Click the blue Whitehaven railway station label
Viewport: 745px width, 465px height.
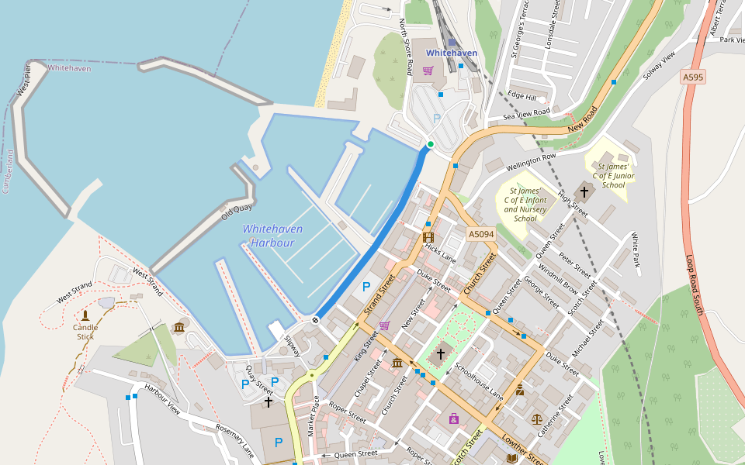451,53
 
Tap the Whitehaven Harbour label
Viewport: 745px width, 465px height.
272,236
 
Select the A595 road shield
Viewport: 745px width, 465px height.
694,77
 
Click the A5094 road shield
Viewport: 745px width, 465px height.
480,233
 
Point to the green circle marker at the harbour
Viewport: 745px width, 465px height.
431,144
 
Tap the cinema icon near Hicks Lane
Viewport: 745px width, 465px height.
428,237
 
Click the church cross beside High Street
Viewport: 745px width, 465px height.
584,191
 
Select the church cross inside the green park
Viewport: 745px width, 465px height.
441,353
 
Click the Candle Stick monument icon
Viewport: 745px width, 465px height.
85,315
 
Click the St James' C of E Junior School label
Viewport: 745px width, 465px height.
613,175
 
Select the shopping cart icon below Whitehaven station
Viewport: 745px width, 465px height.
428,71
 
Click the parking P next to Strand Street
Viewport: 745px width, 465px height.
366,287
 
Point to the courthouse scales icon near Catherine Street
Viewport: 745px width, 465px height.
537,418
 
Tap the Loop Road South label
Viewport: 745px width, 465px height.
695,284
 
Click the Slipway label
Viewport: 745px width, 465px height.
291,346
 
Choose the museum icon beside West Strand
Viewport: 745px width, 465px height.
180,328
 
